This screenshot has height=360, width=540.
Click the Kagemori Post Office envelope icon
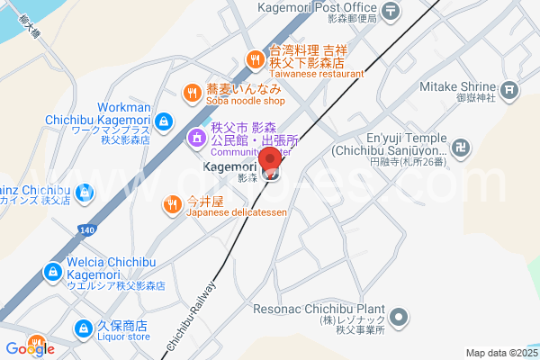click(391, 12)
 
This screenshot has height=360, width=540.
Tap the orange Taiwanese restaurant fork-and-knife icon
click(256, 59)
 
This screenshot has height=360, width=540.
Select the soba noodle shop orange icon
click(192, 91)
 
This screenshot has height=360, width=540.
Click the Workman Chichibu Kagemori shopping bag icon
click(163, 121)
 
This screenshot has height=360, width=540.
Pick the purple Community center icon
click(195, 139)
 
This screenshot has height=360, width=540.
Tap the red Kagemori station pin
click(272, 167)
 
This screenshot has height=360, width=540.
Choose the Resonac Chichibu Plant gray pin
click(402, 317)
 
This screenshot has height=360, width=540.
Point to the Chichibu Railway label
click(193, 316)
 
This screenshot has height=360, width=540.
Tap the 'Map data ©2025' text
click(499, 353)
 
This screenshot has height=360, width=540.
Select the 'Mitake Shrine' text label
click(458, 87)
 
